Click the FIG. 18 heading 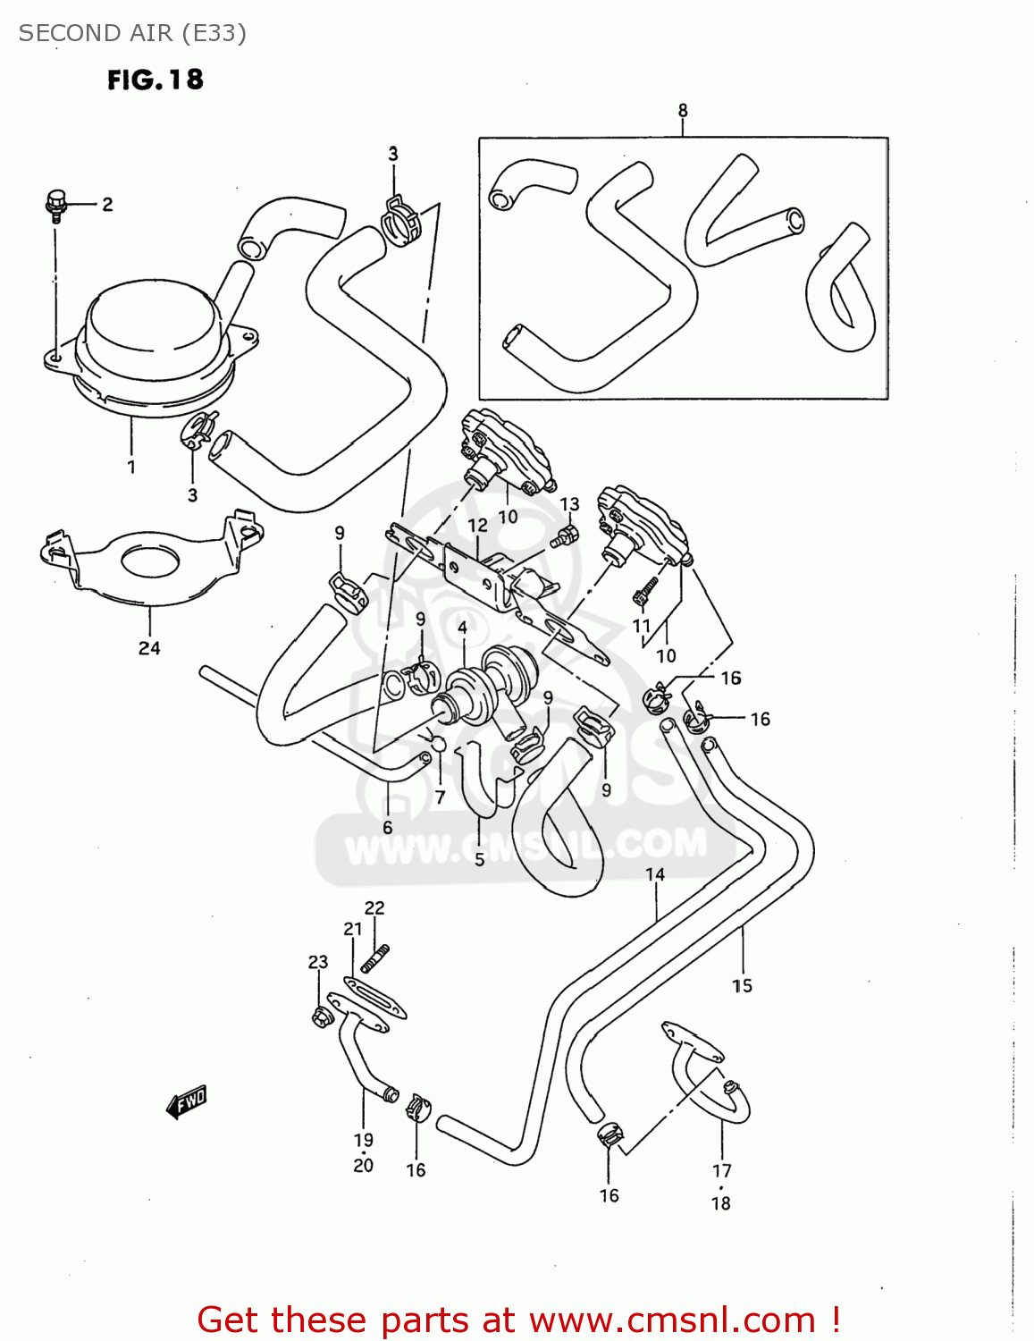pos(156,80)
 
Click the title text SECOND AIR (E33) pos(132,33)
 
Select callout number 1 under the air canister pos(131,467)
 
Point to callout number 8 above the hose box pos(683,111)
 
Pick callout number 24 pos(149,648)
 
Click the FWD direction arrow pos(186,1102)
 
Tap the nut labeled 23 pos(319,1016)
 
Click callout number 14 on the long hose pos(655,874)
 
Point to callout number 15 pos(742,985)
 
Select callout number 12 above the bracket pos(478,526)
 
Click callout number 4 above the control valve pos(462,628)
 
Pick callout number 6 pos(387,827)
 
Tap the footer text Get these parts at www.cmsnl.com pos(518,1320)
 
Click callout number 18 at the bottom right pos(720,1203)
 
